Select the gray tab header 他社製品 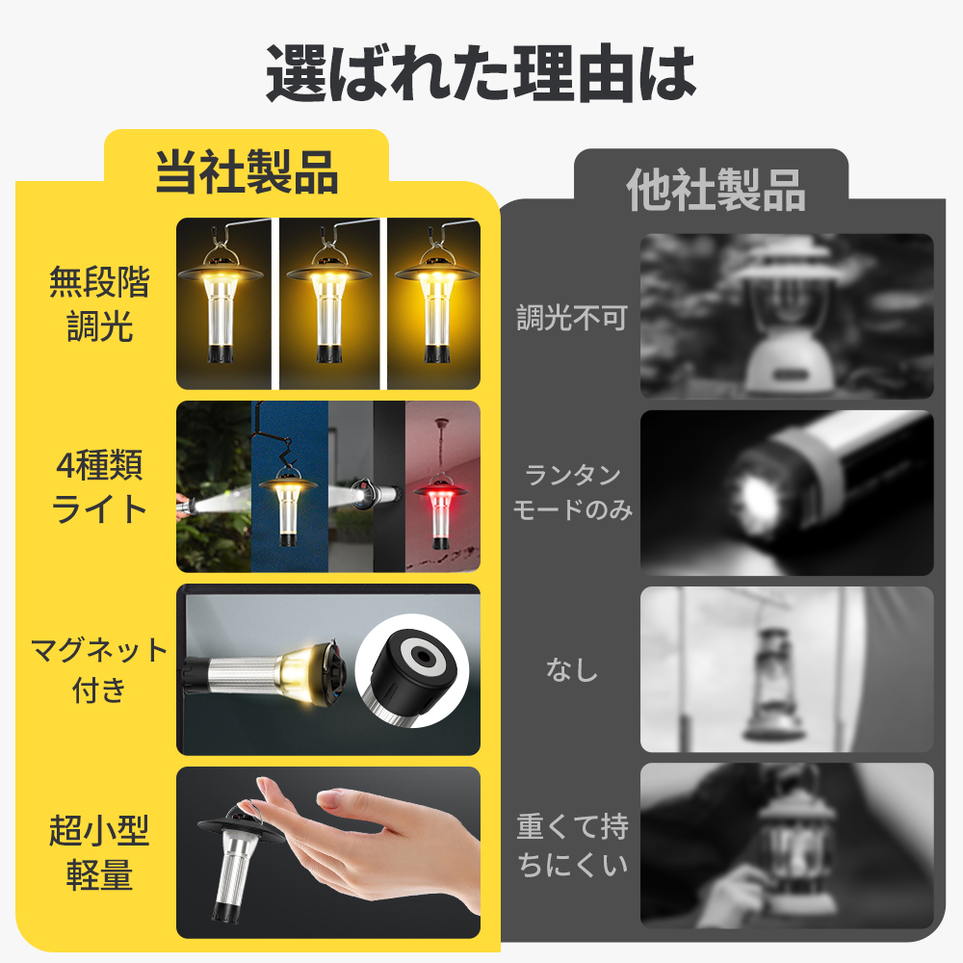716,190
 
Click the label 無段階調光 99,305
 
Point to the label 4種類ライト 99,487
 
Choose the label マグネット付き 99,669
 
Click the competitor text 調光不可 572,319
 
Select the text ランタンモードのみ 572,492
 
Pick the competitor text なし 572,669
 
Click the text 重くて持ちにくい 572,845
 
